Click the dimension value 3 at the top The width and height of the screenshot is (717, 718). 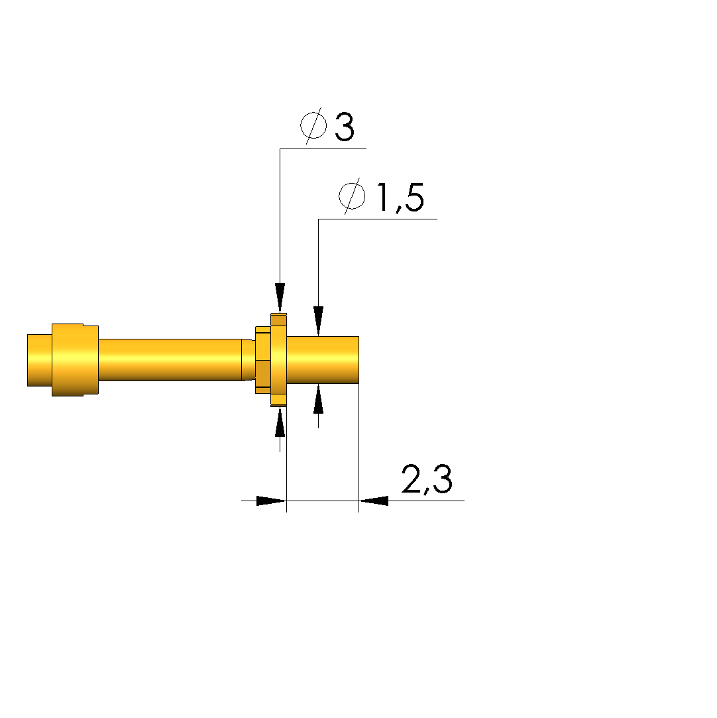point(345,127)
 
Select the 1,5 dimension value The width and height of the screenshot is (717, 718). point(401,198)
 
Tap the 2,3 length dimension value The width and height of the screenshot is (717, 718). point(427,479)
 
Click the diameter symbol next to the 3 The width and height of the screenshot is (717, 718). point(313,125)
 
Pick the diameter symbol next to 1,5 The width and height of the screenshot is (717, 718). point(352,196)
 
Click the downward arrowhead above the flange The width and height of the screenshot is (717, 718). point(280,298)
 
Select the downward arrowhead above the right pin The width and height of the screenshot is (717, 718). point(319,321)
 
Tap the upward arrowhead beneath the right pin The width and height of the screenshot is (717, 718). point(319,399)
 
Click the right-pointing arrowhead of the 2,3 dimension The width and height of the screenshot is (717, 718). point(271,501)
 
